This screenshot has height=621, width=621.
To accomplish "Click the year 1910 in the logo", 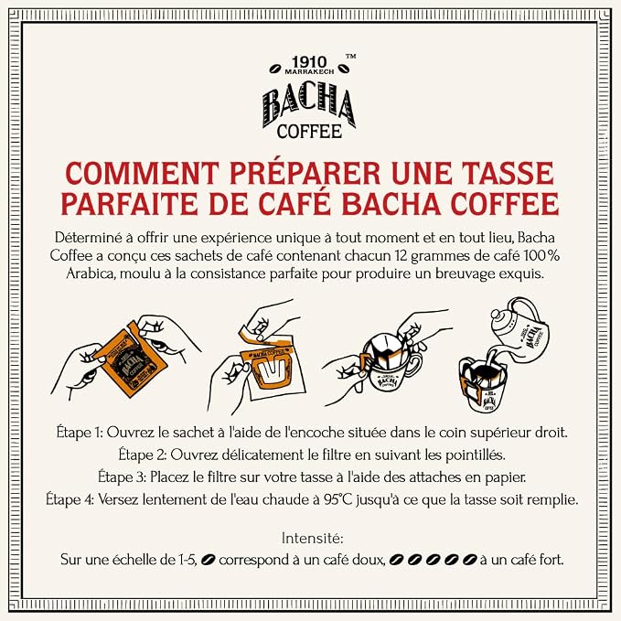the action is pos(309,62).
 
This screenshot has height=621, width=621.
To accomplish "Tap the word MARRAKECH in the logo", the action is pos(309,71).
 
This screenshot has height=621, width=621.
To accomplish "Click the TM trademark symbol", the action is pos(350,56).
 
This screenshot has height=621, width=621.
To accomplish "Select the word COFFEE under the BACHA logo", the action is pos(309,132).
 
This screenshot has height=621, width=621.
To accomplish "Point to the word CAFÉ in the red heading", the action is pos(294,204).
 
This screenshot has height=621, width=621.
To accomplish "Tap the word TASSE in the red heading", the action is pos(509,173).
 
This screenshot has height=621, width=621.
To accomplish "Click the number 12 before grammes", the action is pos(401,256).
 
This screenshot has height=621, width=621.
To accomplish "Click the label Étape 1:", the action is pos(80,432).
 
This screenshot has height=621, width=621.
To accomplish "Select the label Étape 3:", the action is pos(122,476).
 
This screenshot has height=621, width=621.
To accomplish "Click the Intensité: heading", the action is pos(312,539).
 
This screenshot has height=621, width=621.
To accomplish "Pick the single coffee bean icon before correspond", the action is pos(208,560).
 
